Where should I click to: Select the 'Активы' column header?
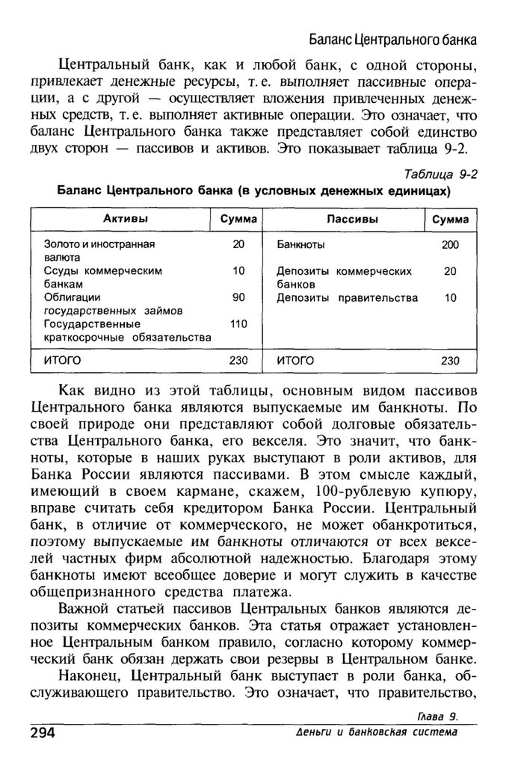tap(124, 219)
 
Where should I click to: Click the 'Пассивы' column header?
tap(352, 219)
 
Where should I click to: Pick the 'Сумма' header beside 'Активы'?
tap(238, 219)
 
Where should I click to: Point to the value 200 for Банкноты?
tap(450, 244)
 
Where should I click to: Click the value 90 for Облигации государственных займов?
tap(238, 297)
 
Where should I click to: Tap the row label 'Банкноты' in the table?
tap(300, 244)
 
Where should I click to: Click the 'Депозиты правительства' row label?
tap(347, 298)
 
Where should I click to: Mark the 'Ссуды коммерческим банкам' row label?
tap(102, 277)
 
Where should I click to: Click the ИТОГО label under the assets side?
tap(63, 360)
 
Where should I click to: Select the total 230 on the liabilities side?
tap(450, 360)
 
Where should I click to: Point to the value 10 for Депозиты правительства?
tap(450, 298)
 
